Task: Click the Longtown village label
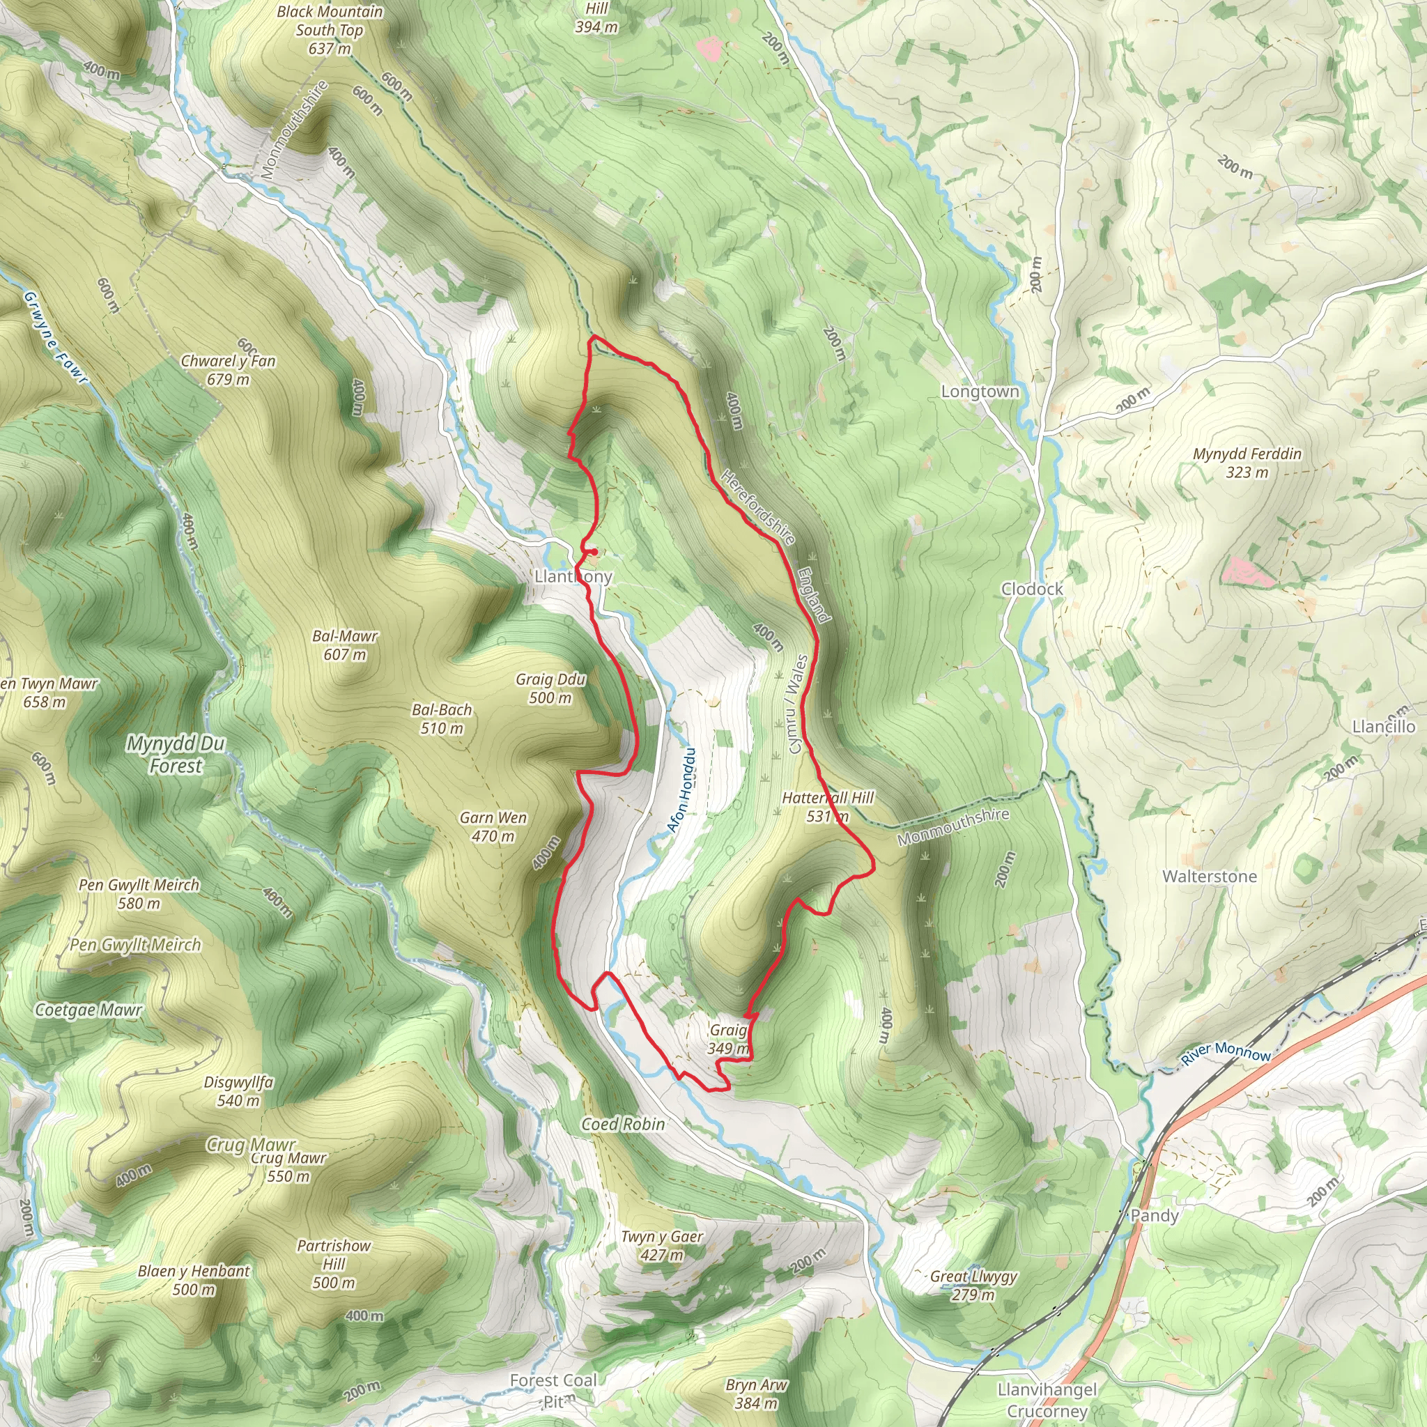tap(980, 392)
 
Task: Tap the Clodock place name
tap(1032, 589)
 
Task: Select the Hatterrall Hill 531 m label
tap(827, 807)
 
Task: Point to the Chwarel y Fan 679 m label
tap(229, 370)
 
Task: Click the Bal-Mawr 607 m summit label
tap(345, 645)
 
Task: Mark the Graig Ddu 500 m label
tap(550, 688)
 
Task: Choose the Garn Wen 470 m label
tap(493, 826)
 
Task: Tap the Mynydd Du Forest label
tap(175, 754)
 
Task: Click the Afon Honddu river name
tap(681, 790)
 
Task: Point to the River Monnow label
tap(1226, 1051)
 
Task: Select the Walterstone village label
tap(1209, 876)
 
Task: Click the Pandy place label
tap(1155, 1215)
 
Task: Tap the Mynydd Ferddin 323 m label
tap(1247, 463)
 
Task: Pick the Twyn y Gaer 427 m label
tap(662, 1245)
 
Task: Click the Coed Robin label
tap(623, 1123)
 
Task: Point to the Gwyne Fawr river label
tap(56, 337)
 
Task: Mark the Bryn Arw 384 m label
tap(756, 1394)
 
